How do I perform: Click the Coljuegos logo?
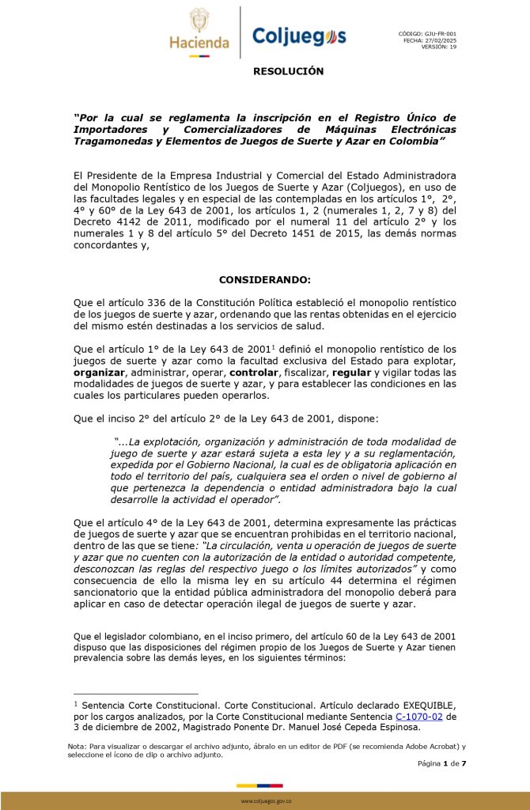pyautogui.click(x=298, y=36)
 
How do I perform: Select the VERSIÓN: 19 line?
pyautogui.click(x=438, y=46)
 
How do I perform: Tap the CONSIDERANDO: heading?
pyautogui.click(x=265, y=280)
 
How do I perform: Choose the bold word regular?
pyautogui.click(x=353, y=371)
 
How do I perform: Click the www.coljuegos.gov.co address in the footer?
pyautogui.click(x=266, y=801)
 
